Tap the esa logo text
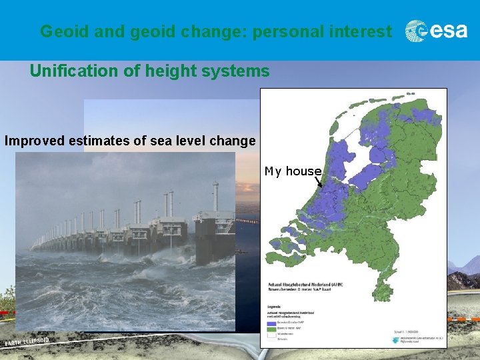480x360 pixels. click(x=448, y=31)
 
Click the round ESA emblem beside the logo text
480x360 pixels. click(x=417, y=31)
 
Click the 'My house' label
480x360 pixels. click(x=293, y=171)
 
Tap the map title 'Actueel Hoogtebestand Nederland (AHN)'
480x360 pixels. click(x=303, y=285)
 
